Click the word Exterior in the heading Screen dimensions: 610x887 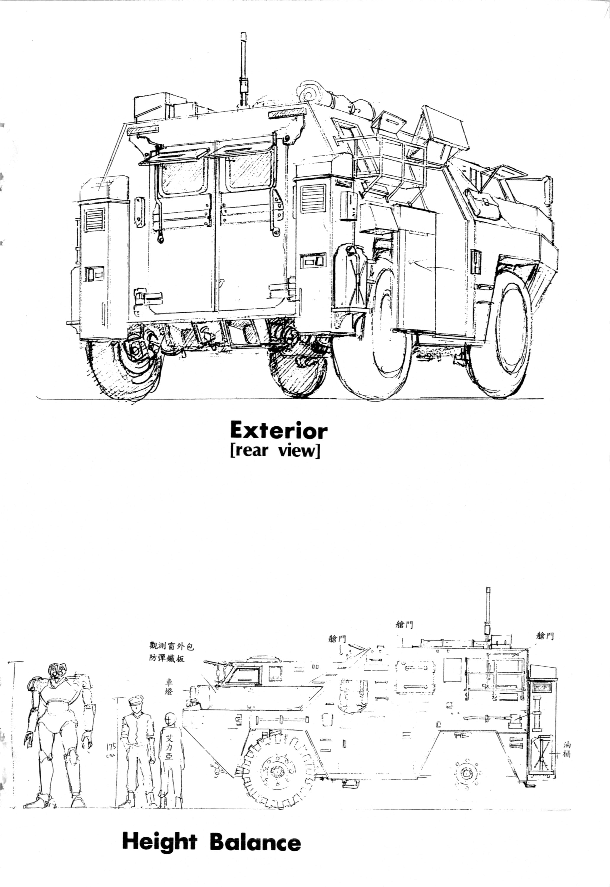click(279, 431)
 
